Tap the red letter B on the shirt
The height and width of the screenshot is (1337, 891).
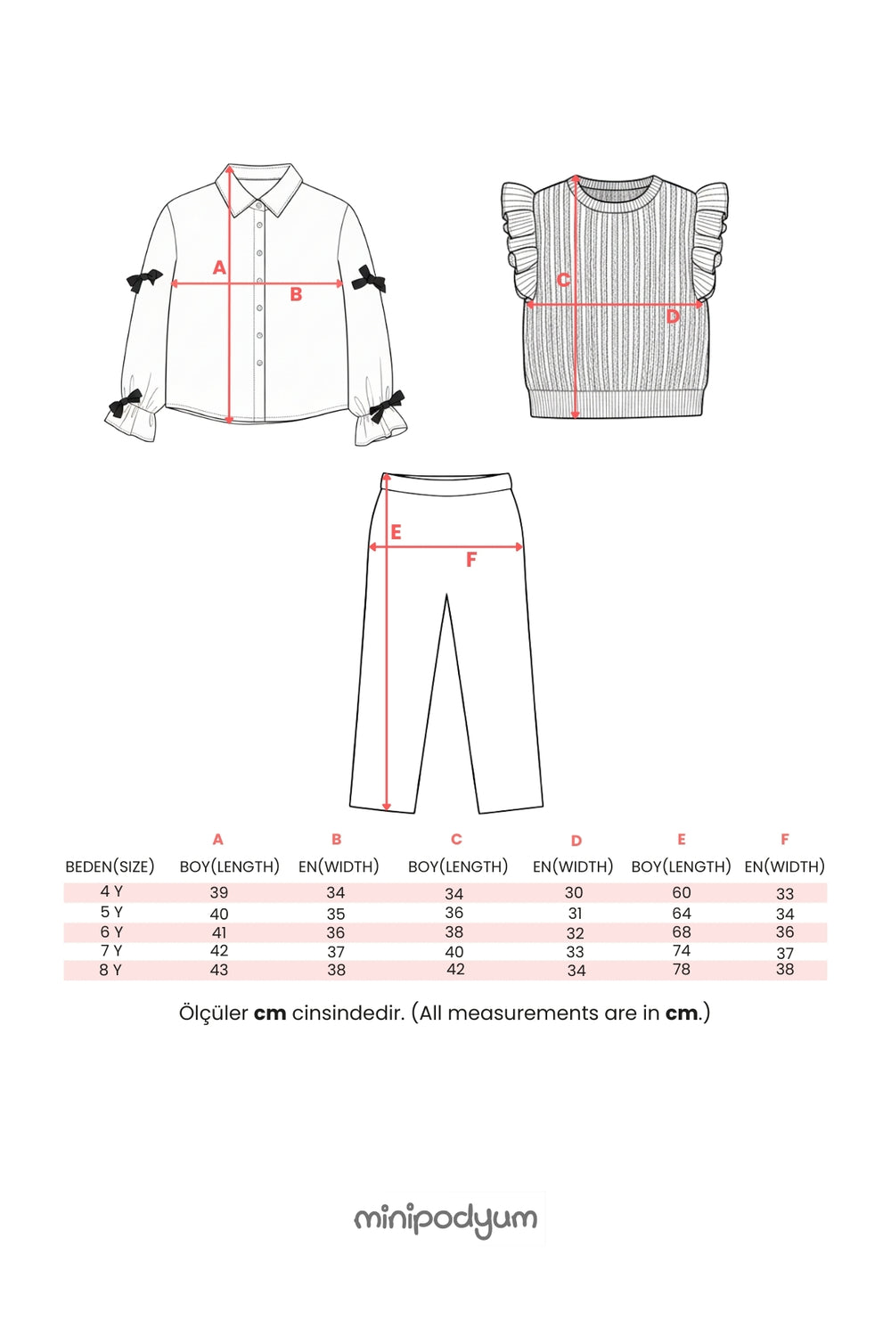(x=296, y=294)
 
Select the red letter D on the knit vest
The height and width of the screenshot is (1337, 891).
(x=673, y=316)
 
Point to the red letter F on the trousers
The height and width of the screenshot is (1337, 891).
(x=470, y=560)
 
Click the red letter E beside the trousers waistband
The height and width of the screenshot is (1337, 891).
(x=396, y=532)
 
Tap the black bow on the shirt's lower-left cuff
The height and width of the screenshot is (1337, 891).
(x=124, y=404)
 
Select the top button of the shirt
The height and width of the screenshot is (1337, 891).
(x=259, y=206)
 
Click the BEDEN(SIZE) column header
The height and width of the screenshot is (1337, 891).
(x=110, y=866)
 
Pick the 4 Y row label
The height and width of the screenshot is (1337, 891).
(x=111, y=891)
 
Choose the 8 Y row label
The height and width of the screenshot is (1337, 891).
(x=110, y=970)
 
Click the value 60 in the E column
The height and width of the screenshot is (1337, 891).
(x=681, y=892)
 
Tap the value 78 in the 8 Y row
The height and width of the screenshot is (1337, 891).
(x=681, y=969)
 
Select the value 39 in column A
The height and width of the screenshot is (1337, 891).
(x=219, y=892)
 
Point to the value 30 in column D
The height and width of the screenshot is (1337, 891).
(x=574, y=892)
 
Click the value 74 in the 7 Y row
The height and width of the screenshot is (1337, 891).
(x=681, y=950)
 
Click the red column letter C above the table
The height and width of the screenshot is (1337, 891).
(x=456, y=840)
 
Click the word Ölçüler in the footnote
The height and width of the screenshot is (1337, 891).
(x=214, y=1013)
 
